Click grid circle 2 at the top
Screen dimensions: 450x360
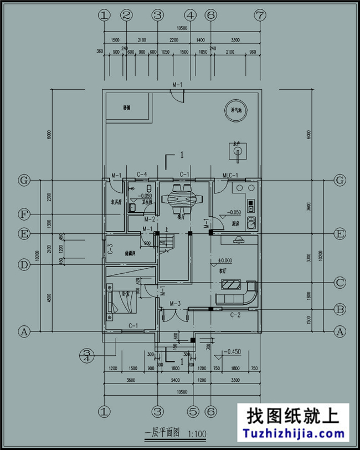126,15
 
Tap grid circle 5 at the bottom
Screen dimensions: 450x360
193,412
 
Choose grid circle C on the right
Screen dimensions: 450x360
340,282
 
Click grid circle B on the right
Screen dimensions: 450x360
340,309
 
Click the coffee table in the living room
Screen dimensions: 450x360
229,285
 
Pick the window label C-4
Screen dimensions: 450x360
142,176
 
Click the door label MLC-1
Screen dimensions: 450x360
230,176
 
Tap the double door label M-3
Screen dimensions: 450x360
176,304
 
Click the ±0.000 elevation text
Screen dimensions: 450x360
224,260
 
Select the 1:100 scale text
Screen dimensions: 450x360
198,434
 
